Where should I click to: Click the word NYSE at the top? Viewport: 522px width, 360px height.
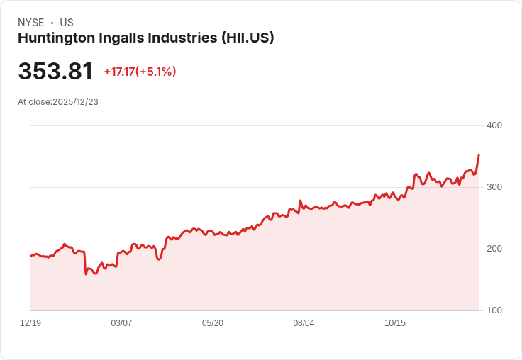click(x=31, y=23)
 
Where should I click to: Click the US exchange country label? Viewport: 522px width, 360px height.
click(x=67, y=23)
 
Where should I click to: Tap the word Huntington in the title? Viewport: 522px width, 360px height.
click(x=54, y=38)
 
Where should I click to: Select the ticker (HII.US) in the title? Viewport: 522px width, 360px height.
click(x=248, y=38)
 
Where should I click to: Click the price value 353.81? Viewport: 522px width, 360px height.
click(x=55, y=72)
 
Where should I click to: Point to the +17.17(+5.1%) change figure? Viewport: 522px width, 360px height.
click(x=140, y=72)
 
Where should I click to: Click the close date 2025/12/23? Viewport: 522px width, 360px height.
click(x=75, y=102)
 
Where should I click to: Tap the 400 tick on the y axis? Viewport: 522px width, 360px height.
click(x=494, y=125)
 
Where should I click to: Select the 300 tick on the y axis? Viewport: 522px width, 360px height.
click(x=494, y=187)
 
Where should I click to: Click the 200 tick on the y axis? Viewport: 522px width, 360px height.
click(x=494, y=249)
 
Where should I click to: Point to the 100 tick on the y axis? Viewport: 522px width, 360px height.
click(x=494, y=310)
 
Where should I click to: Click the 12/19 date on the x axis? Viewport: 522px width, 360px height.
click(x=30, y=323)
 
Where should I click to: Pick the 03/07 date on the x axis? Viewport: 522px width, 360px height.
click(x=121, y=323)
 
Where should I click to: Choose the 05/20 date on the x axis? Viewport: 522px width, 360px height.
click(x=213, y=323)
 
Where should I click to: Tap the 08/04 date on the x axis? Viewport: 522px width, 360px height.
click(x=304, y=323)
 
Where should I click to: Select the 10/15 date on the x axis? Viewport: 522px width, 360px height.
click(x=395, y=323)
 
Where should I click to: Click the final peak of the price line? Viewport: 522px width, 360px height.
click(x=479, y=154)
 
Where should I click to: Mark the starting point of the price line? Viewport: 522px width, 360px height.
click(x=30, y=256)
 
